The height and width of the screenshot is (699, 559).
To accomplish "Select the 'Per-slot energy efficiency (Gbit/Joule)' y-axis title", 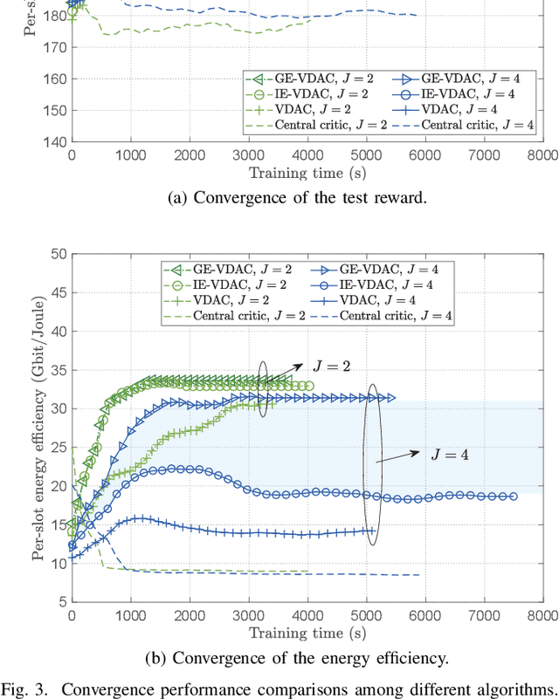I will click(x=40, y=428).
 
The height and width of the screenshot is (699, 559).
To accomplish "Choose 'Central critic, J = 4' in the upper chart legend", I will click(x=477, y=126).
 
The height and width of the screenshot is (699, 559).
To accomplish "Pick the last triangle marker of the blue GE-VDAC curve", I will click(x=391, y=398).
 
